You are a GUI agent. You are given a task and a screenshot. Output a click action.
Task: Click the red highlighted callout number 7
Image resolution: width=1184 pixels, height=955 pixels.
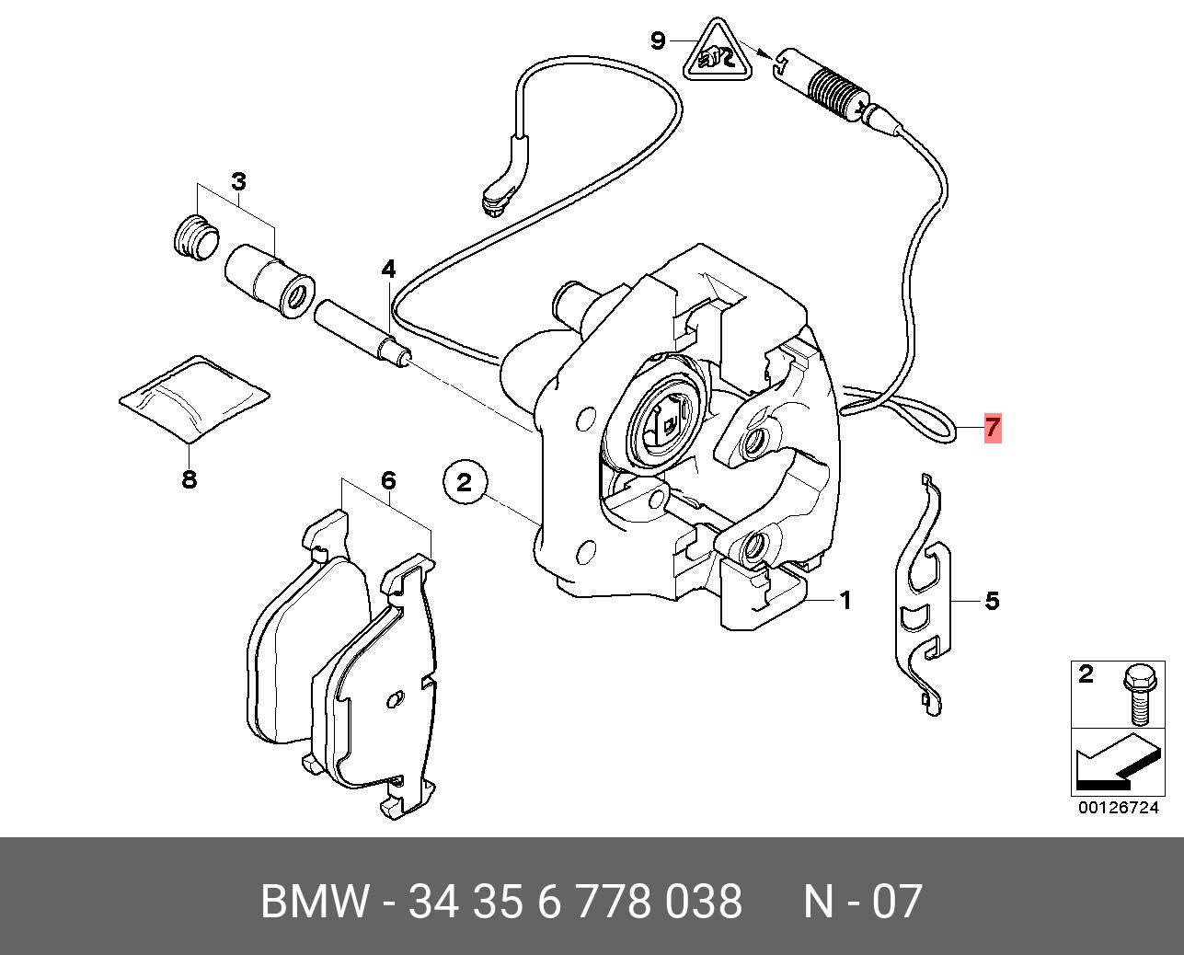click(x=991, y=428)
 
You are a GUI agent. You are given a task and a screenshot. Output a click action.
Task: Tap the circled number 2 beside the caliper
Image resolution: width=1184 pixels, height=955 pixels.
click(x=464, y=481)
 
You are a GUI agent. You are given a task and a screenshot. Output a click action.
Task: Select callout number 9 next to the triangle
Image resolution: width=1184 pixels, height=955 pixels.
click(x=657, y=40)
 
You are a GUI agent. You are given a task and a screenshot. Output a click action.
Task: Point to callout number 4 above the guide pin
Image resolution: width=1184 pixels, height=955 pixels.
click(x=388, y=269)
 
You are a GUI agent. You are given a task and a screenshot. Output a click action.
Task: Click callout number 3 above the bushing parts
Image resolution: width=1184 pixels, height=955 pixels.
click(x=238, y=181)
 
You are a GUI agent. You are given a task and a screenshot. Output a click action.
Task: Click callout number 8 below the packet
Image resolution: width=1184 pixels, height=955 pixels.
click(x=189, y=478)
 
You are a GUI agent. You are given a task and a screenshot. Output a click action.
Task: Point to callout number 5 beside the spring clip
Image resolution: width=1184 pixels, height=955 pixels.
click(x=991, y=601)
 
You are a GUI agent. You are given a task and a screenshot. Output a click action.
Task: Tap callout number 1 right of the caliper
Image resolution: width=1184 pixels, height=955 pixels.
click(x=845, y=601)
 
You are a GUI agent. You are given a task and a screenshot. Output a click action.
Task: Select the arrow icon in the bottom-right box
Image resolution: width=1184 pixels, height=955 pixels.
click(x=1114, y=763)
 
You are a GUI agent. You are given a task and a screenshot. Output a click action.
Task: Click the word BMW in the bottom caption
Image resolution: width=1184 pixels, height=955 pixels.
click(x=315, y=901)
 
